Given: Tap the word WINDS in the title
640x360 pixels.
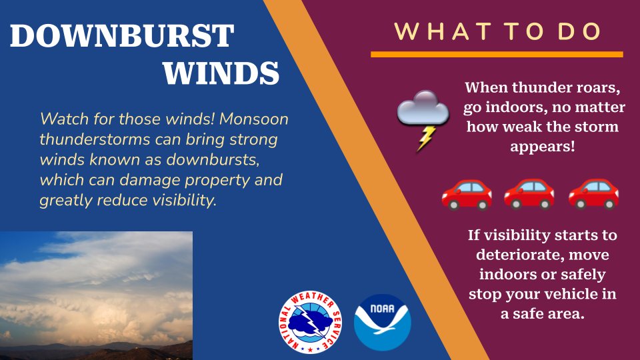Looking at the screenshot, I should [x=221, y=72].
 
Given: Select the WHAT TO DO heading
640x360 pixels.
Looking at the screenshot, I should [x=497, y=31].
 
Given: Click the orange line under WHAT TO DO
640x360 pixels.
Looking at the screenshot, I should [x=497, y=54].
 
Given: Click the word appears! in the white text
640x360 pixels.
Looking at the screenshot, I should [x=542, y=146].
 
